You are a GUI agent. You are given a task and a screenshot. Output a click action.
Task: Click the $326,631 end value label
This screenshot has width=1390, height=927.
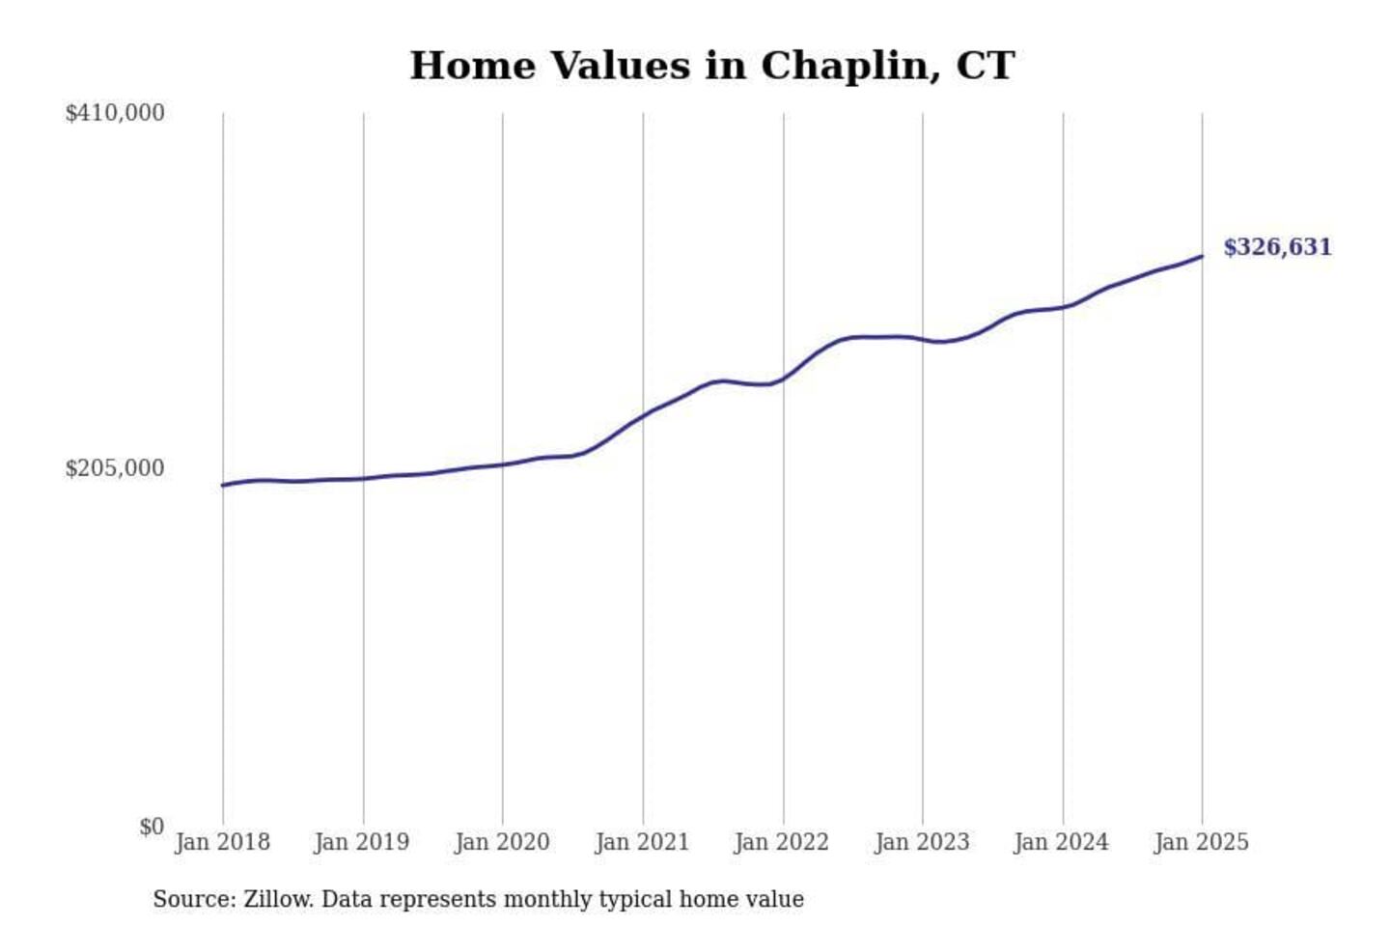tap(1276, 247)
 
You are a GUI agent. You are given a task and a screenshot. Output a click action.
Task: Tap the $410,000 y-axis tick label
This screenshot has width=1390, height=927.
tap(115, 113)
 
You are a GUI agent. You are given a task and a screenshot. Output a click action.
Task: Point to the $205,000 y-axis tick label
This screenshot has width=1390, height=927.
tap(115, 468)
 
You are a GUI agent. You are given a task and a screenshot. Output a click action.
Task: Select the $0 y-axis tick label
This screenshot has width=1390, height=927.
tap(152, 827)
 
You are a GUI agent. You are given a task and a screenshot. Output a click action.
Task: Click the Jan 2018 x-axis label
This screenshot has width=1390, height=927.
tap(222, 842)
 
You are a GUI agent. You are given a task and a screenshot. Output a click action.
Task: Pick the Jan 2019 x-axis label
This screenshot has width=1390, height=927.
tap(362, 842)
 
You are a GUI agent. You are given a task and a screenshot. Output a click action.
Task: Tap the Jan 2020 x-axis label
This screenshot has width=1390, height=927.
tap(502, 842)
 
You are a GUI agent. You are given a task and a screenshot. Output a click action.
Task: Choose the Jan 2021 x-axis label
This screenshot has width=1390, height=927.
tap(642, 842)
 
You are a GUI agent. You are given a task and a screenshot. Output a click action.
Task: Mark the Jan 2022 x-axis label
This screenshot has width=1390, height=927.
tap(782, 842)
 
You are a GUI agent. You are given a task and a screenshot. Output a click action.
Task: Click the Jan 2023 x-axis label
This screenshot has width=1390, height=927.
tap(922, 842)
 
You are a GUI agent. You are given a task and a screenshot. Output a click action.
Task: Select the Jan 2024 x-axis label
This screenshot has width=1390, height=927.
tap(1062, 842)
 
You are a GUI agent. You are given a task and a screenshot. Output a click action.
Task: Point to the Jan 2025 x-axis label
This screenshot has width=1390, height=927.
tap(1202, 842)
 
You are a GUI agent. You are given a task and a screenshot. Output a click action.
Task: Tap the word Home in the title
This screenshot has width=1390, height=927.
tap(472, 66)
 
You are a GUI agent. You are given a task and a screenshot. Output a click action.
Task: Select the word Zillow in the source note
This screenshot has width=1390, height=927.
tap(278, 899)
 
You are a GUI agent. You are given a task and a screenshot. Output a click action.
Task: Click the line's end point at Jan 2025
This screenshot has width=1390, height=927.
tap(1202, 256)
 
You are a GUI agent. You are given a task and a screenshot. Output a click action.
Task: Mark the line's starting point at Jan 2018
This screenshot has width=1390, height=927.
tap(223, 485)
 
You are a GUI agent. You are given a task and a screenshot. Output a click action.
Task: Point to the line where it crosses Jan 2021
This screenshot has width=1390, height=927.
tap(643, 416)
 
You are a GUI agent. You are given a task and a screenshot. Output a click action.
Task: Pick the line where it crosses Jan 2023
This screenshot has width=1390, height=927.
tap(923, 339)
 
